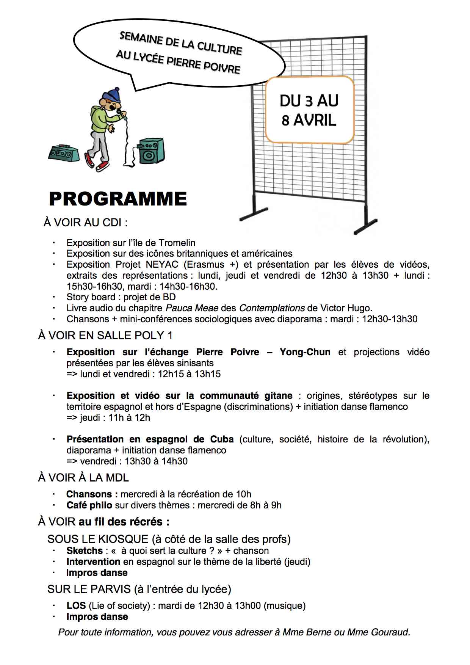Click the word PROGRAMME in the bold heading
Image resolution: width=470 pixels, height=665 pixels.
click(118, 199)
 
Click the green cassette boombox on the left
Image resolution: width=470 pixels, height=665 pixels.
click(64, 152)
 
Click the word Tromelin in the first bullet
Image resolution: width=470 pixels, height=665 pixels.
click(177, 243)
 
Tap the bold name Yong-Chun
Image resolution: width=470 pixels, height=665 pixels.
click(305, 352)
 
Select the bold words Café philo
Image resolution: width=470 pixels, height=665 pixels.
click(89, 505)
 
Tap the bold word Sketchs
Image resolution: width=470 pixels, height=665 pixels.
click(85, 551)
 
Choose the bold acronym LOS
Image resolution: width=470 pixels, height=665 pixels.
click(76, 605)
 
